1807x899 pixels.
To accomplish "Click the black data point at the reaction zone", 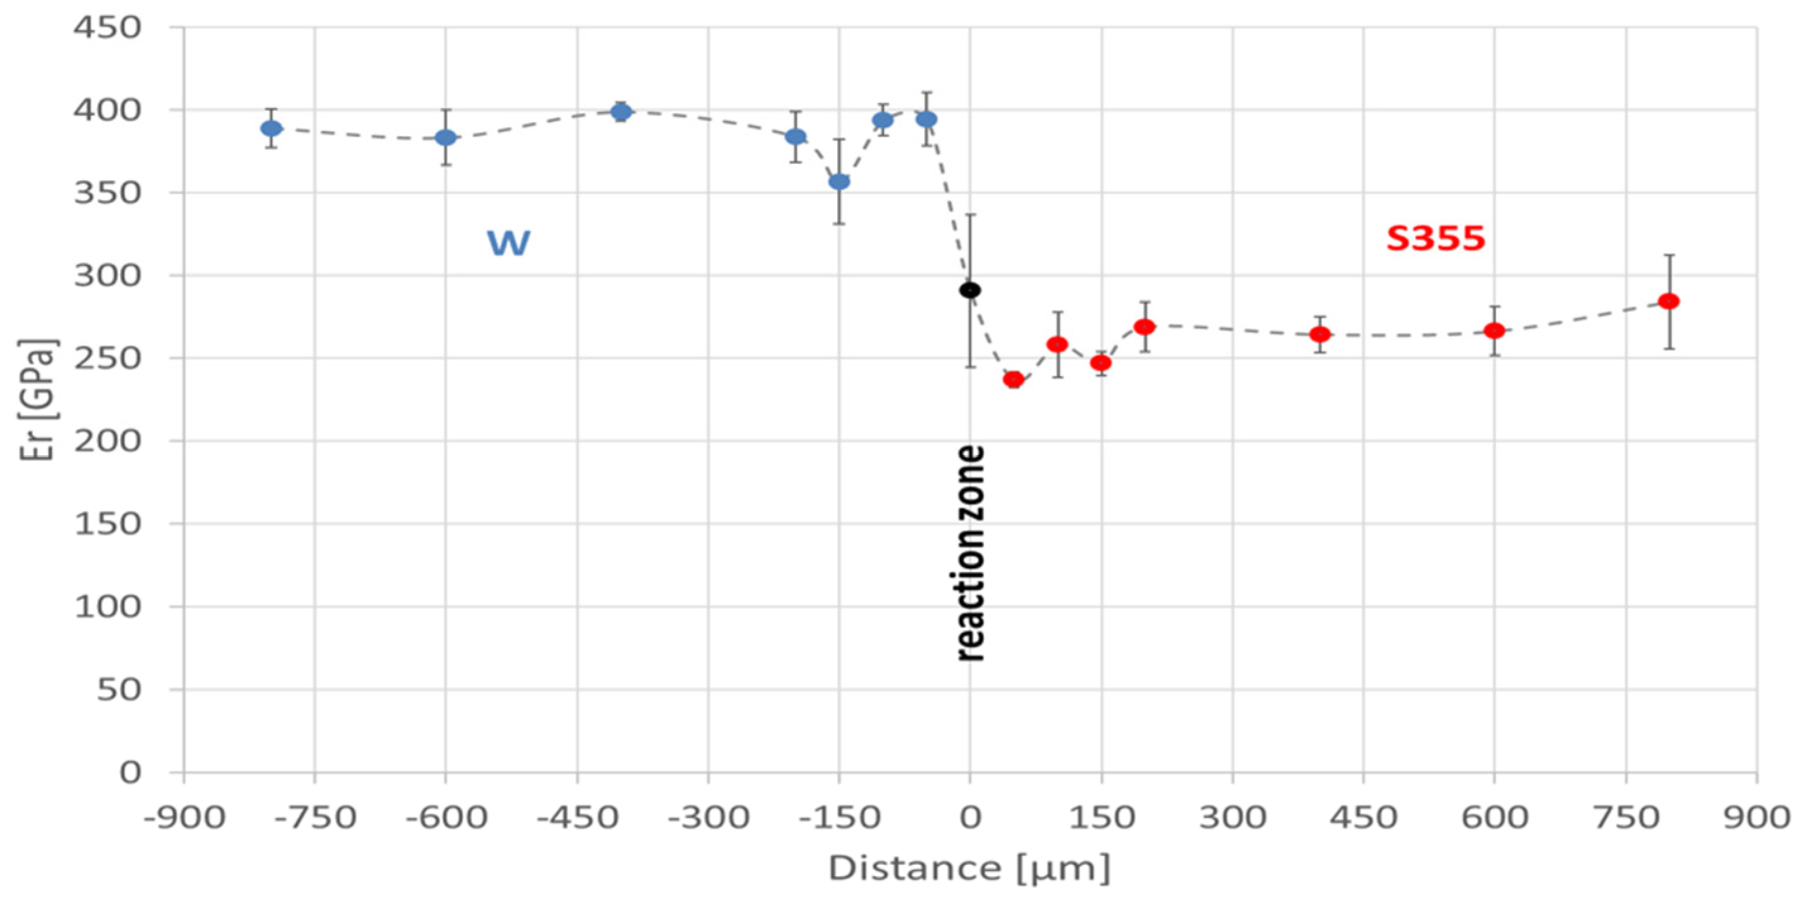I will (x=969, y=290).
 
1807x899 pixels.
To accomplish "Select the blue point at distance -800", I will (x=271, y=128).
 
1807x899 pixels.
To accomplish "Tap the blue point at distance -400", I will (x=621, y=111).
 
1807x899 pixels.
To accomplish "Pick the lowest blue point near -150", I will (x=839, y=181).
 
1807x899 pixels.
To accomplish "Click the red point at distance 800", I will (x=1669, y=301).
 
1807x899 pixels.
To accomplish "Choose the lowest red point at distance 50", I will (x=1014, y=379).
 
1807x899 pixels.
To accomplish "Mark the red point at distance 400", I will (x=1320, y=334).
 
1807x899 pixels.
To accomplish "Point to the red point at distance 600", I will (x=1494, y=330).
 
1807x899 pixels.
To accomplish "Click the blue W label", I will (x=508, y=243).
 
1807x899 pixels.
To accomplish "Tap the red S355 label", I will (x=1435, y=239).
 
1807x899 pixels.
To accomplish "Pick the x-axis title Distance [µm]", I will (x=969, y=868).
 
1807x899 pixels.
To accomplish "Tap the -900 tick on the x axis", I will (x=185, y=817).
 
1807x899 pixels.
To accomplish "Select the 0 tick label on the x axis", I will (x=970, y=817).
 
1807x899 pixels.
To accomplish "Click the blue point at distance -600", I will (x=446, y=137).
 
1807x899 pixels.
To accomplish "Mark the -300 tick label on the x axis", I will (x=707, y=817).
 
